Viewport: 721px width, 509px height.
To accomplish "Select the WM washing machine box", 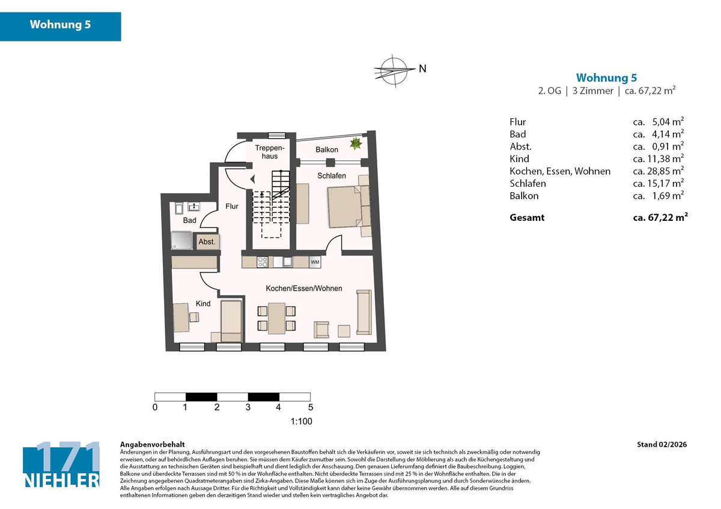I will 315,262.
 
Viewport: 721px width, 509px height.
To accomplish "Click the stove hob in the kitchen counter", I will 263,262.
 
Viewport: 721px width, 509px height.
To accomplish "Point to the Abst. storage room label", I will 207,241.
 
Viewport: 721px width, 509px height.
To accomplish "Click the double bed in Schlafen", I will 344,206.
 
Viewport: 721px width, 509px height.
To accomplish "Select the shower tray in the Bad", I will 182,241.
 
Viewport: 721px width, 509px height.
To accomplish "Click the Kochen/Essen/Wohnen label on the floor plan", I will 304,289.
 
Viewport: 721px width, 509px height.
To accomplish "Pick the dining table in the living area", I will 277,318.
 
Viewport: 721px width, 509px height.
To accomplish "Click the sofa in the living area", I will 363,312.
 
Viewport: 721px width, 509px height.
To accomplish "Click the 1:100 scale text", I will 301,421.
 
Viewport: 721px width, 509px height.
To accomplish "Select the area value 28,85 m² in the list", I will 659,171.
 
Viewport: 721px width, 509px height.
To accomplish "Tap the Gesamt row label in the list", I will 527,217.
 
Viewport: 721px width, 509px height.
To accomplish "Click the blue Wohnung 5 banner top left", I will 61,26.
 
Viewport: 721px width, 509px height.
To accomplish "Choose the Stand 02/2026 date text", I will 662,445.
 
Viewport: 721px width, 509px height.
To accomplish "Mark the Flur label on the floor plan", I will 232,206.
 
